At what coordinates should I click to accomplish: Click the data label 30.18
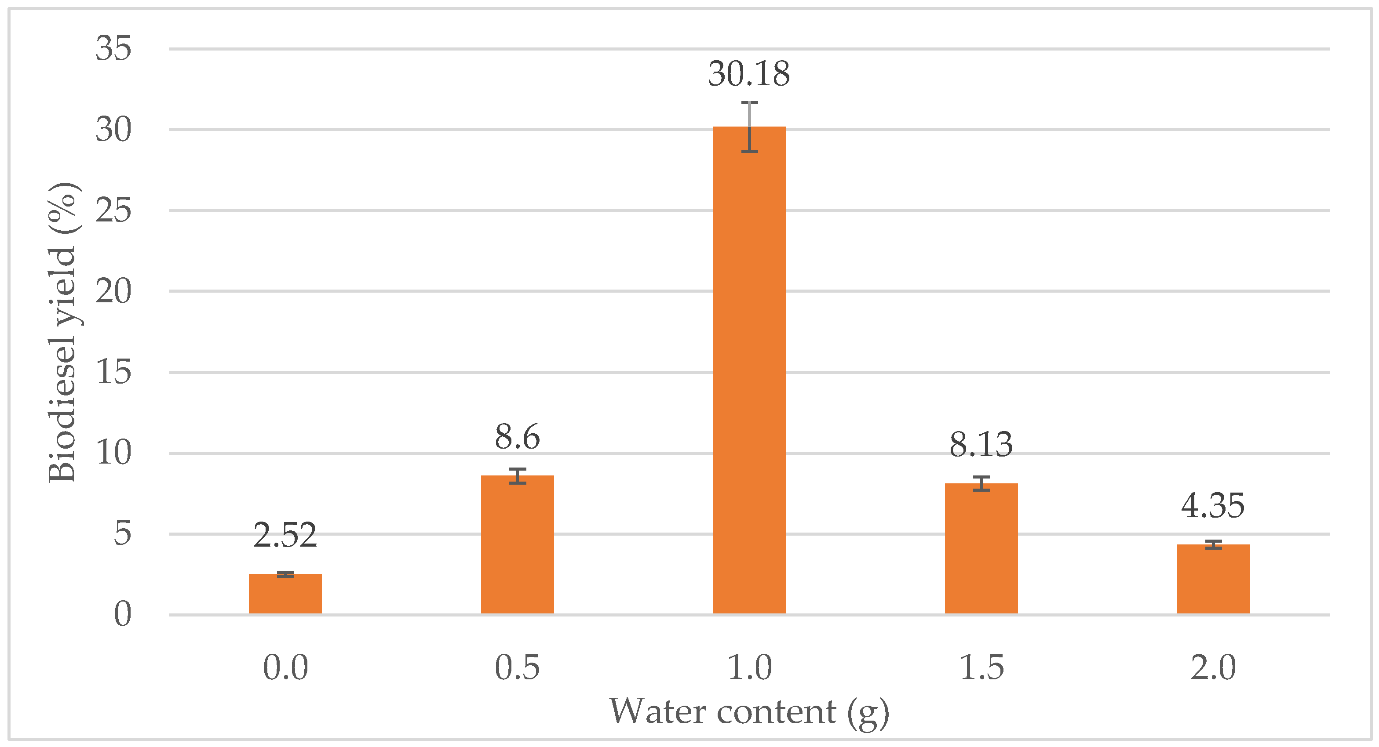[749, 74]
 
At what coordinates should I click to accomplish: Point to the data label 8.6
[517, 437]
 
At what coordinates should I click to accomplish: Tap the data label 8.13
[981, 445]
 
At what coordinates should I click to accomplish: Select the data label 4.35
[1213, 506]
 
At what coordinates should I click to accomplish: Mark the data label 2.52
[285, 535]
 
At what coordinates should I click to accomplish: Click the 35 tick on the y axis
[113, 48]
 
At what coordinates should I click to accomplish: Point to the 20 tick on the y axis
[113, 292]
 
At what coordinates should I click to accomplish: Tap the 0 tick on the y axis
[123, 614]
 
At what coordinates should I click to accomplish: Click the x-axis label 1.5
[981, 667]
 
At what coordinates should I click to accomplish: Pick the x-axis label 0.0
[285, 667]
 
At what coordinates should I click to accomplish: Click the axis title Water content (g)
[749, 712]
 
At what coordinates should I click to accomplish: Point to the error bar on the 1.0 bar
[749, 127]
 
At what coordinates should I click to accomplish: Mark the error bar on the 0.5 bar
[517, 476]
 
